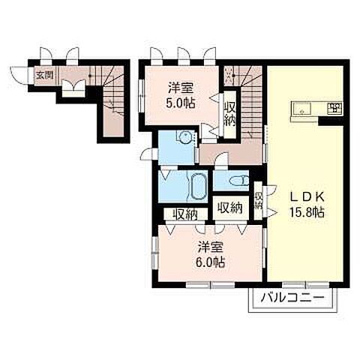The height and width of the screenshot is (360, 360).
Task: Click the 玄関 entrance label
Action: tap(45, 75)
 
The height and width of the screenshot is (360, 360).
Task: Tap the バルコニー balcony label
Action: tap(292, 298)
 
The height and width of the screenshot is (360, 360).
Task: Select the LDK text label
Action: tap(307, 197)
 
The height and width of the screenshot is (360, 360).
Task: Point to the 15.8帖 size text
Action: tap(307, 212)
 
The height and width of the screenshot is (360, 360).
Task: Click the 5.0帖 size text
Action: tap(181, 103)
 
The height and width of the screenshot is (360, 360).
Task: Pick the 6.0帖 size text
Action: tap(210, 262)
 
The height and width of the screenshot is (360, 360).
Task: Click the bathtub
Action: tap(198, 186)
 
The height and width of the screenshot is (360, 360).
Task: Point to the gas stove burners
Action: tap(334, 109)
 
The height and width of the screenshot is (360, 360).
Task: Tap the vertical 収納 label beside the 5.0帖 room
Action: tap(229, 115)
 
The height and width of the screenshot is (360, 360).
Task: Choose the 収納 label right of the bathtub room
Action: tap(230, 207)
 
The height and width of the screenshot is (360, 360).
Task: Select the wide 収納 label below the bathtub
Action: tap(185, 214)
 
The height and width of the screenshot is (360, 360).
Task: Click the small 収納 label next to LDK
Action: tap(258, 200)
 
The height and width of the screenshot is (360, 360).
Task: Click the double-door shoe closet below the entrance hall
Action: tap(73, 88)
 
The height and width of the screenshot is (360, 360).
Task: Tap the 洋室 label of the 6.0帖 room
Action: tap(210, 247)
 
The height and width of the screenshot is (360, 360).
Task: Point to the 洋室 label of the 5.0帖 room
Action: tap(181, 88)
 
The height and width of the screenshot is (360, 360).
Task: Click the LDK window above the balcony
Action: tap(306, 284)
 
